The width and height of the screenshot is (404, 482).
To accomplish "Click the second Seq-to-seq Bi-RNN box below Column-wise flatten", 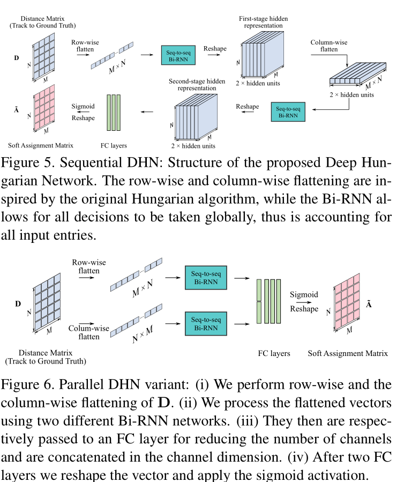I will (x=288, y=112).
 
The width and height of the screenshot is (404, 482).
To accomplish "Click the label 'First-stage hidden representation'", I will (x=263, y=23).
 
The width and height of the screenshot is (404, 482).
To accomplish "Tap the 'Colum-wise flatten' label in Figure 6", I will (x=86, y=332).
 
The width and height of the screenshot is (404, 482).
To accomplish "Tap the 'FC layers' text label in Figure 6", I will (x=274, y=353).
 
